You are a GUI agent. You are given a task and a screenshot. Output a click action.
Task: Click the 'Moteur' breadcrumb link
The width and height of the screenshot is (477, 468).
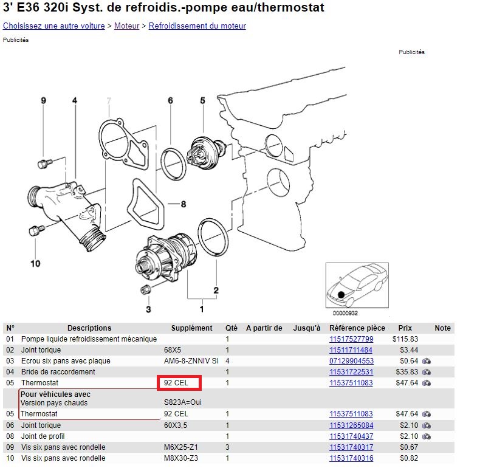click(126, 26)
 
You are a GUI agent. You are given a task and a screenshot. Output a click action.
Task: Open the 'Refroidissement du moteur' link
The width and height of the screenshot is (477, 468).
click(197, 26)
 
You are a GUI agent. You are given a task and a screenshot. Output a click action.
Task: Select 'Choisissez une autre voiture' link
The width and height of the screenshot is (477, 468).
click(54, 26)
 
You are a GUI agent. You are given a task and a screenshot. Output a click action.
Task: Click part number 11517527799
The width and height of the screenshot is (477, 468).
click(351, 339)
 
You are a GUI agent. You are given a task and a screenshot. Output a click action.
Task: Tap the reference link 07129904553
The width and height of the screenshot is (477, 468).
click(351, 361)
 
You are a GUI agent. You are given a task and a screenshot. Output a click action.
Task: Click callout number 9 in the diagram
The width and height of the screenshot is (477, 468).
click(44, 100)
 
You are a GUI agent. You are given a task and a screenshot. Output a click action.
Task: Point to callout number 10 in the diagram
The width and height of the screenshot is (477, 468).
click(35, 264)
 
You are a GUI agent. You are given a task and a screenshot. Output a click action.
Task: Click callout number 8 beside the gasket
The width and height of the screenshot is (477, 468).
click(184, 204)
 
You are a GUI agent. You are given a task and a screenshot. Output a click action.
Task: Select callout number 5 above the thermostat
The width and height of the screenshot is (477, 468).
click(202, 100)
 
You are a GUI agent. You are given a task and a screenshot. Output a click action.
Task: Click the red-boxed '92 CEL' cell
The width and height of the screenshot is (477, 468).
click(179, 383)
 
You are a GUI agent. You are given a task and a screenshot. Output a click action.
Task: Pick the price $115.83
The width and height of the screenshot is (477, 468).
click(405, 339)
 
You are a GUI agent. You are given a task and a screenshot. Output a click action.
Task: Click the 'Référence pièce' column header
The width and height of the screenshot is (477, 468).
click(357, 328)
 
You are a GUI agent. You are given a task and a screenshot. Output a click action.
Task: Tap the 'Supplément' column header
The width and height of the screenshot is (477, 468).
click(191, 328)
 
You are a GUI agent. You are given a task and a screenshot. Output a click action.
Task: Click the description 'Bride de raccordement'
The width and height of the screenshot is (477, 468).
click(58, 372)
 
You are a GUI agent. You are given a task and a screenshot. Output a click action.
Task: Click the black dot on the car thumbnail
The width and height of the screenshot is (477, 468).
click(341, 295)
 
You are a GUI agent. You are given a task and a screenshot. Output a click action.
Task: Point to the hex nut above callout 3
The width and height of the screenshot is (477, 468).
click(146, 289)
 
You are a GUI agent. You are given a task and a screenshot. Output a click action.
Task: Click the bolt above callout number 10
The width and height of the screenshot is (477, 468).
click(36, 230)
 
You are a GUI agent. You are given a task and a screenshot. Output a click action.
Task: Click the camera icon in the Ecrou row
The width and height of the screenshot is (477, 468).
click(427, 361)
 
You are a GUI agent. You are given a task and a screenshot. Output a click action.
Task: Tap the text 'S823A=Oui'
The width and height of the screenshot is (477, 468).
click(182, 402)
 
